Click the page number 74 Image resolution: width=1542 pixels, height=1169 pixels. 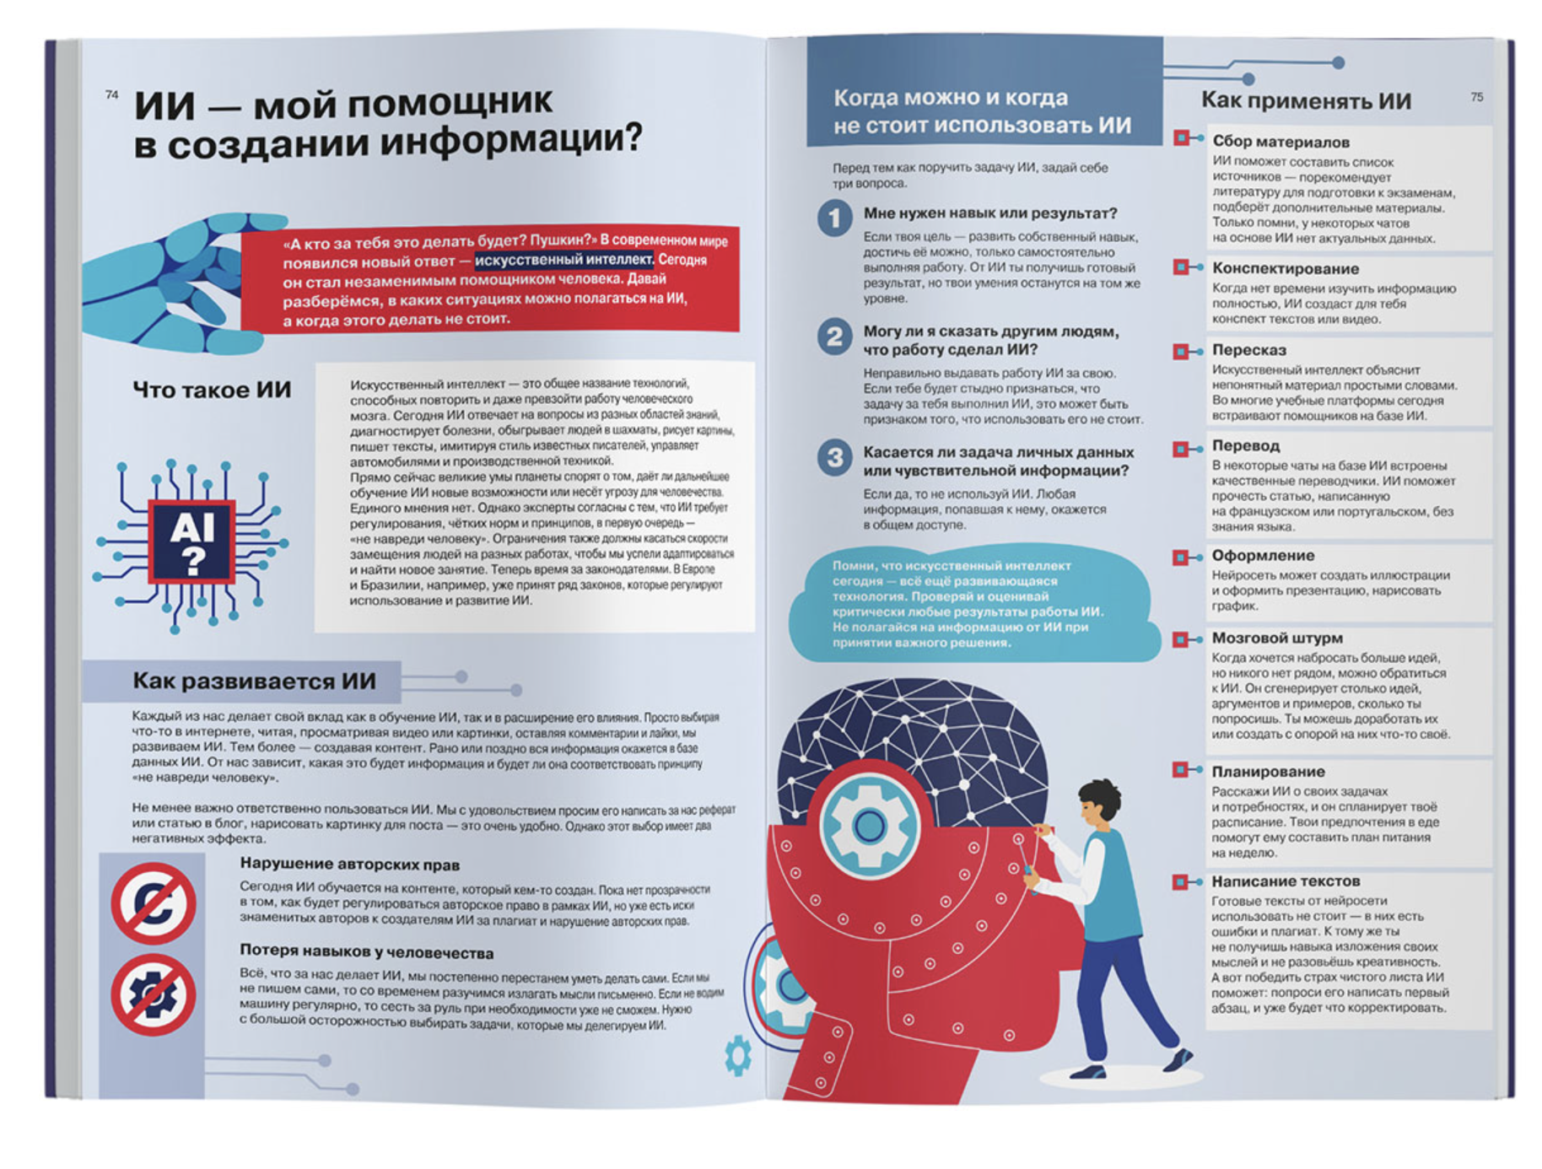[x=111, y=95]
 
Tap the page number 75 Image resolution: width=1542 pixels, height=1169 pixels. [x=1476, y=97]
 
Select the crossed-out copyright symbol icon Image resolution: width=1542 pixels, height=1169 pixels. [x=154, y=903]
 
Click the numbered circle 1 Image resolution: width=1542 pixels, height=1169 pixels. [x=834, y=218]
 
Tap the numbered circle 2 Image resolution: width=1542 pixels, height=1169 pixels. [x=834, y=337]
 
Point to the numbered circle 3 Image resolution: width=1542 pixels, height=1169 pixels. [x=834, y=457]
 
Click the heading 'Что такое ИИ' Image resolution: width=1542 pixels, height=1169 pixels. [x=212, y=390]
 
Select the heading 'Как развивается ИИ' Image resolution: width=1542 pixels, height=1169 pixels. [x=254, y=681]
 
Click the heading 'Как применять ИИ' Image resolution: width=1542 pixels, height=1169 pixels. [x=1306, y=101]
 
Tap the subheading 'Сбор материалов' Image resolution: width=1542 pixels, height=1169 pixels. [x=1281, y=142]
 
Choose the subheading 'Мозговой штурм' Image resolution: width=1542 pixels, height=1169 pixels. [x=1277, y=638]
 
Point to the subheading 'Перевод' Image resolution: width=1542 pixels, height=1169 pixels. [x=1246, y=445]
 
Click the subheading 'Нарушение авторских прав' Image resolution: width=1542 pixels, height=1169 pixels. [x=349, y=864]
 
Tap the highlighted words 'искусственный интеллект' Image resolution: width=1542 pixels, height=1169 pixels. [x=563, y=260]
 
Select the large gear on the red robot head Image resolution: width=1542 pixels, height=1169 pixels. [x=869, y=824]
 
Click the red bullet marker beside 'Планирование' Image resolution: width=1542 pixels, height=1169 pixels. [x=1181, y=770]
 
